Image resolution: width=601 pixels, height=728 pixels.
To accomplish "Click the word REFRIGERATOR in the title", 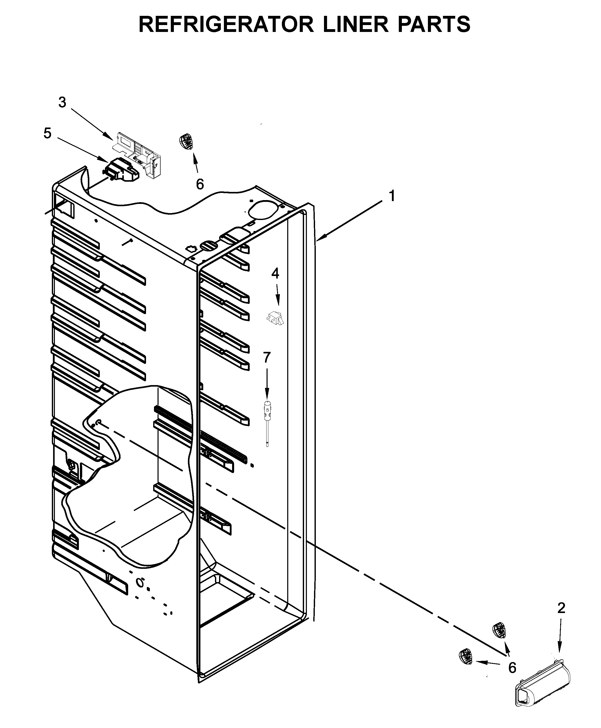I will pos(226,24).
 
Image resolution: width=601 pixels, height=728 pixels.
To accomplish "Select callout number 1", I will pos(392,196).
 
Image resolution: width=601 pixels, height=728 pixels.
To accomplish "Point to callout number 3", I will pos(62,102).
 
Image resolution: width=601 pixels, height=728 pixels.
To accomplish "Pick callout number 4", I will pos(275,273).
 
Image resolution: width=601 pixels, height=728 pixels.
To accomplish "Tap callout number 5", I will pos(47,133).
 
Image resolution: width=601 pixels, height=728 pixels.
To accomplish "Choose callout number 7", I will pos(267,357).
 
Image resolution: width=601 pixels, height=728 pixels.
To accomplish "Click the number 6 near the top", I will pos(200,184).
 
